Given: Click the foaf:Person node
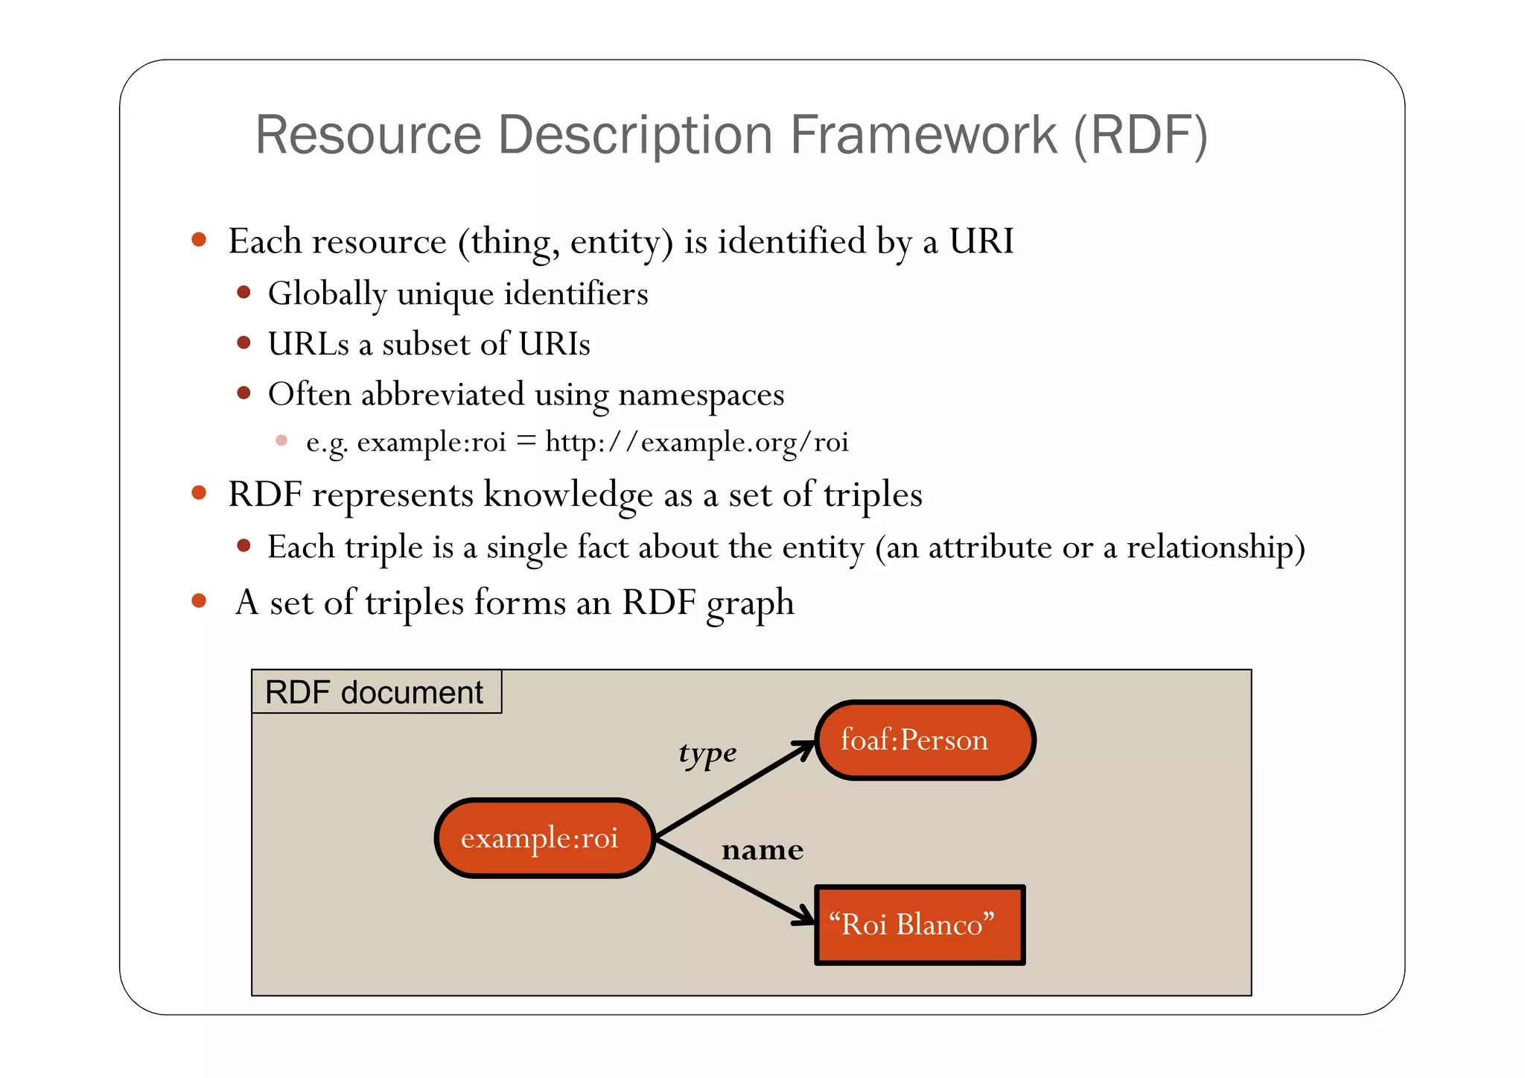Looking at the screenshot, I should tap(925, 741).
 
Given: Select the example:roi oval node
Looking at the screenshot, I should tap(544, 838).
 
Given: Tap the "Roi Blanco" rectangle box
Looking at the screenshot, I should tap(920, 925).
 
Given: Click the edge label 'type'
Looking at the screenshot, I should tap(707, 753).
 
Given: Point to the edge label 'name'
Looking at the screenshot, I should tap(762, 850).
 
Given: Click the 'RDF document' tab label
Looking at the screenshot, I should tap(375, 692).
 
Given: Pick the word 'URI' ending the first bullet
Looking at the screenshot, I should tap(981, 241).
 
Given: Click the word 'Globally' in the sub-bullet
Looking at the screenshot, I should tap(327, 294).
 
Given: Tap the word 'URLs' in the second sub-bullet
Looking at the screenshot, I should tap(308, 344).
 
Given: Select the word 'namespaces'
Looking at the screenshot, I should tap(701, 395).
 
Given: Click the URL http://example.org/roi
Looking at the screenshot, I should tap(696, 442).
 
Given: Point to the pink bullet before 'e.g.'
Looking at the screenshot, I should tap(281, 440).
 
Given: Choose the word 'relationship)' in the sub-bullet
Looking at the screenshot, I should tap(1215, 548).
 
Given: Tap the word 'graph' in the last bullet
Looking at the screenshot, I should tap(750, 603).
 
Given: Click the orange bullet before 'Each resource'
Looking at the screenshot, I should tap(199, 239).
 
